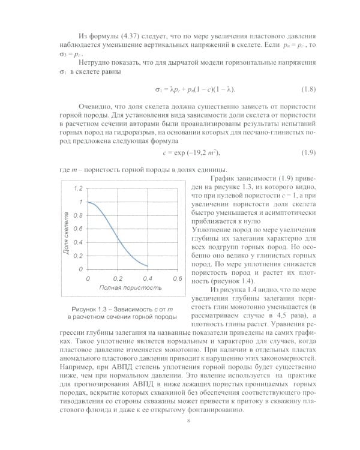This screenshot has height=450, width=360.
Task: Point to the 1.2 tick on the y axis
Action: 77,188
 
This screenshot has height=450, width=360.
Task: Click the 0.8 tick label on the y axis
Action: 77,215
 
